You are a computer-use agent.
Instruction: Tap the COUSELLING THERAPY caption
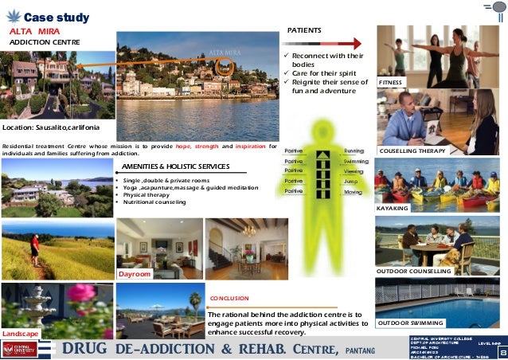[413, 150]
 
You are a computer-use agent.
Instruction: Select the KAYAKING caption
[393, 208]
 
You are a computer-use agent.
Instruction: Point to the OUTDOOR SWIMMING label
[411, 323]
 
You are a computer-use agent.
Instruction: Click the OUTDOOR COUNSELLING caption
[413, 271]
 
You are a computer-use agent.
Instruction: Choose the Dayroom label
[134, 273]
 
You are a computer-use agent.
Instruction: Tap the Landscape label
[19, 334]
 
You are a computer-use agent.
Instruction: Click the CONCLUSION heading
[230, 299]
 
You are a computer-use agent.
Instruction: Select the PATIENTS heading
[304, 30]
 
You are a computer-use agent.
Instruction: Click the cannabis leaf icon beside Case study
[12, 17]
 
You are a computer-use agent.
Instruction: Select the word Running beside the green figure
[354, 151]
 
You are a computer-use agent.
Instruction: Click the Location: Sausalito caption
[51, 127]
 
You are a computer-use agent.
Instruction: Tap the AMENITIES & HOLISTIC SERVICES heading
[175, 166]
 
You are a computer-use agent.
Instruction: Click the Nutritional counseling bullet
[154, 202]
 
